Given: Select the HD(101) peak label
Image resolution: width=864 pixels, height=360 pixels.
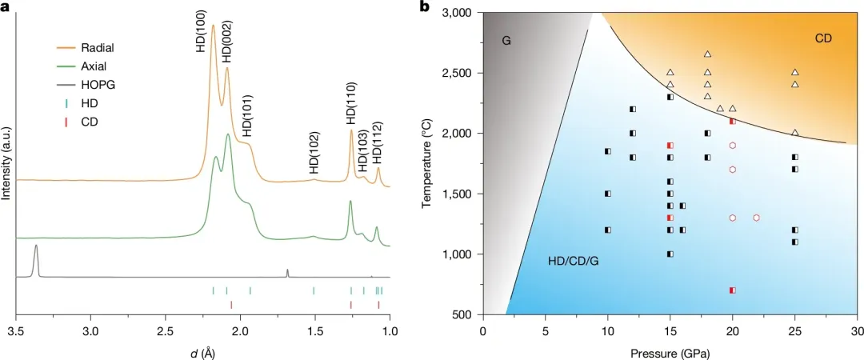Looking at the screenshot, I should [x=248, y=118].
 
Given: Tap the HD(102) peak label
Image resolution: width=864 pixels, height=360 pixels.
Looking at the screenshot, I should [x=314, y=153].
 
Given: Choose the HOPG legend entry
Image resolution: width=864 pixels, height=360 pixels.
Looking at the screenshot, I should [x=87, y=84].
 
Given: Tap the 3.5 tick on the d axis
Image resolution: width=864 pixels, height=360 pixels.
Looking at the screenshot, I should [x=16, y=331].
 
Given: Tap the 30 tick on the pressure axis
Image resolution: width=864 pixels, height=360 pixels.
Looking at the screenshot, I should [x=857, y=331].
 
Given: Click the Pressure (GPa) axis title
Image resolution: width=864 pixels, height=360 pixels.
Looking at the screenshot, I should [x=670, y=350].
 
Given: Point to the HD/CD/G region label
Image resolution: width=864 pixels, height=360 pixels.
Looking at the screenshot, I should [x=574, y=262].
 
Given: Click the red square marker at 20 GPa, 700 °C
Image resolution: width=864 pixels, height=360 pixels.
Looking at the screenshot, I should [x=732, y=290].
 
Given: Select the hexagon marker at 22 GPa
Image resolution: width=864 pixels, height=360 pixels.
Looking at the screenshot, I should [x=757, y=218].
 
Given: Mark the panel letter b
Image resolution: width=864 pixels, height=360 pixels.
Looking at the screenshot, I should [x=424, y=7].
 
